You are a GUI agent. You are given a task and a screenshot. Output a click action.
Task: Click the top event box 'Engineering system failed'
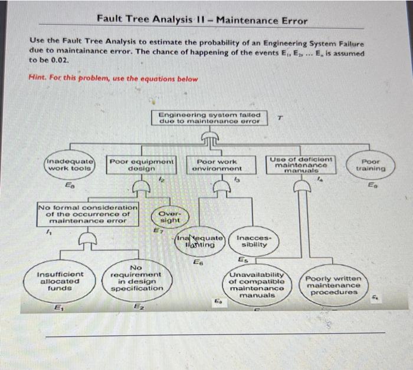click(x=209, y=118)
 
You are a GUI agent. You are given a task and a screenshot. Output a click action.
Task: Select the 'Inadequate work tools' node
click(x=69, y=164)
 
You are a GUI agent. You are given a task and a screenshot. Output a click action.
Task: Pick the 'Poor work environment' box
click(x=217, y=164)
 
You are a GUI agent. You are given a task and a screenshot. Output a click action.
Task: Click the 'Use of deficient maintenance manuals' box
click(x=301, y=164)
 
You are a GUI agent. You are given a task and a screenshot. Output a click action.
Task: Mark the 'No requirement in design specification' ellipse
click(x=137, y=279)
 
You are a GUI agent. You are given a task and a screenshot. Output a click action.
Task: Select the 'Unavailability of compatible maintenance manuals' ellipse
click(x=257, y=285)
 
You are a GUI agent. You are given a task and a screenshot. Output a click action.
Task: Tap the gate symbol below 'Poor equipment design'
click(x=142, y=186)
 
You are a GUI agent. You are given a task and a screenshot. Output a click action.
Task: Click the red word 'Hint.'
click(x=37, y=78)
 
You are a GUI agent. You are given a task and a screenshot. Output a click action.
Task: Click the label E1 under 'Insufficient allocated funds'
click(x=58, y=306)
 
